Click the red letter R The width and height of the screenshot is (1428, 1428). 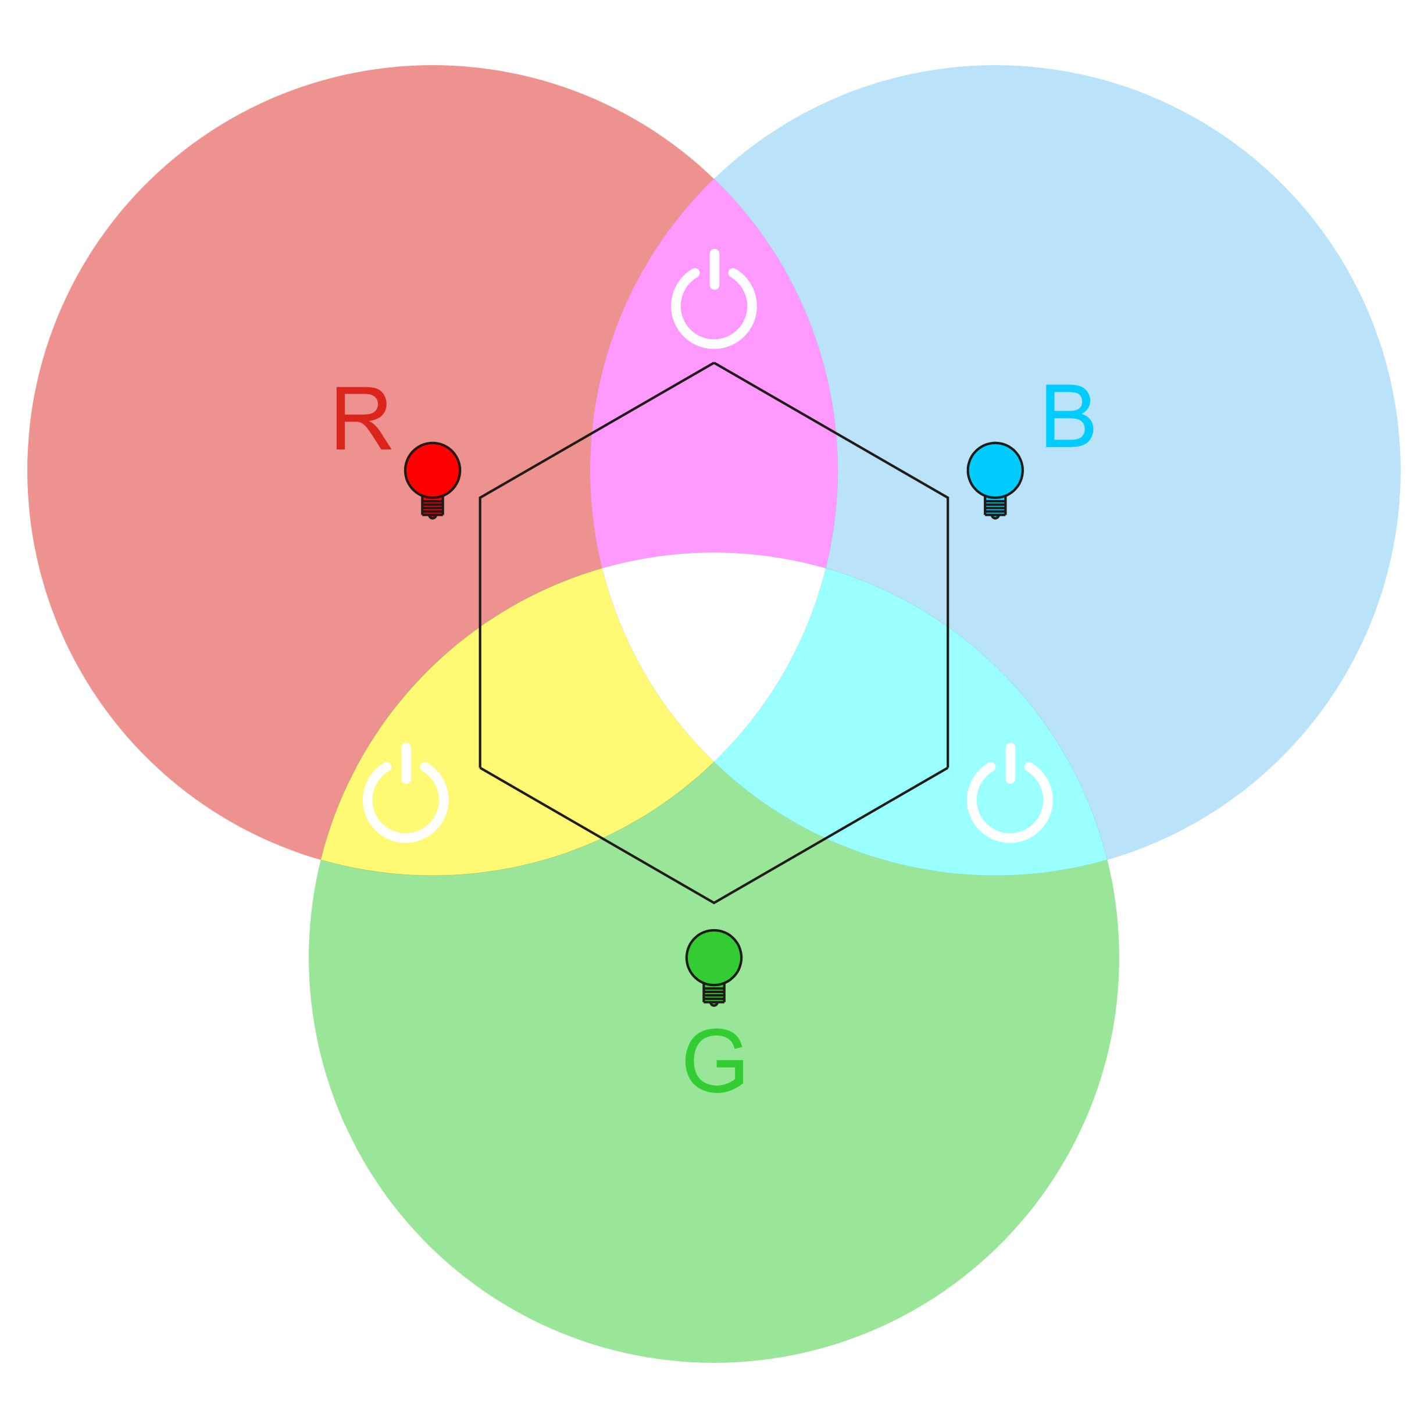pyautogui.click(x=362, y=419)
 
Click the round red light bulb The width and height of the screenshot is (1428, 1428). pyautogui.click(x=433, y=470)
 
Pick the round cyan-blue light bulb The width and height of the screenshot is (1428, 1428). pyautogui.click(x=995, y=470)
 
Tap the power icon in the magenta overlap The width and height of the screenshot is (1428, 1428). pyautogui.click(x=714, y=303)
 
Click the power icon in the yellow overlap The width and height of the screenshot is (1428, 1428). pyautogui.click(x=406, y=797)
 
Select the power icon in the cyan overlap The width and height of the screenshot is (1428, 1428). pyautogui.click(x=1009, y=797)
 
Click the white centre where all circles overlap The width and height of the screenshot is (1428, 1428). pyautogui.click(x=714, y=651)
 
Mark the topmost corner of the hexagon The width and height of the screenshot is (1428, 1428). pyautogui.click(x=714, y=363)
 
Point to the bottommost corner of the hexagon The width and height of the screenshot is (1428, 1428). pyautogui.click(x=714, y=902)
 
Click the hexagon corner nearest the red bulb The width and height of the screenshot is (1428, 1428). pyautogui.click(x=480, y=498)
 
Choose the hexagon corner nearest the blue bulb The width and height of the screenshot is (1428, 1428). pyautogui.click(x=948, y=498)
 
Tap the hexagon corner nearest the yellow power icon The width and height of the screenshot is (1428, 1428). pyautogui.click(x=480, y=768)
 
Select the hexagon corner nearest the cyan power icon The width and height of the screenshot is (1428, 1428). pyautogui.click(x=948, y=768)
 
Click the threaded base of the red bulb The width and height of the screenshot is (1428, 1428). pyautogui.click(x=433, y=506)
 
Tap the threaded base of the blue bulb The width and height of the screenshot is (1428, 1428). pyautogui.click(x=995, y=506)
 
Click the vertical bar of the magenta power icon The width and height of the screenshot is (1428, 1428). pyautogui.click(x=714, y=269)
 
